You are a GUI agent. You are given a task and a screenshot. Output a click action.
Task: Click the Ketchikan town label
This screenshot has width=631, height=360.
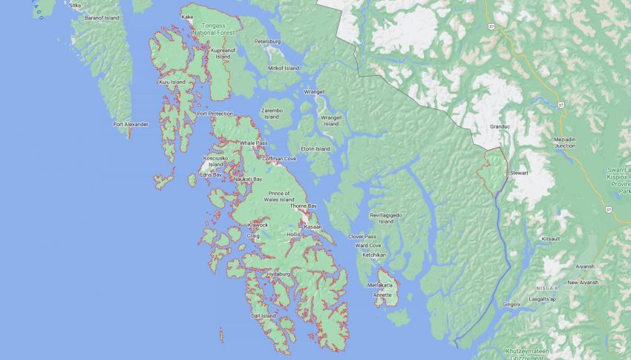click(x=375, y=255)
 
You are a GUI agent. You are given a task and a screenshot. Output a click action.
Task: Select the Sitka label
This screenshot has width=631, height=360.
click(x=75, y=5)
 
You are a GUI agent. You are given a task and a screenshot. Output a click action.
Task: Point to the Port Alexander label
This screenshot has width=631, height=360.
click(x=131, y=124)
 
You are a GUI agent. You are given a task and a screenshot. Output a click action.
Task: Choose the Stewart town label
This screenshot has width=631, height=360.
click(x=518, y=173)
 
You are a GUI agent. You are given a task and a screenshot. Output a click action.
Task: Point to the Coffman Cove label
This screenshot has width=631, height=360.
click(x=279, y=158)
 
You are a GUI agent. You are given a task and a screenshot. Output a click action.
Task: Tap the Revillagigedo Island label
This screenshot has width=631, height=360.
click(x=385, y=217)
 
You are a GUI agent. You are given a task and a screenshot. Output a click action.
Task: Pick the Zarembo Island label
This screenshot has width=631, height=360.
click(x=271, y=113)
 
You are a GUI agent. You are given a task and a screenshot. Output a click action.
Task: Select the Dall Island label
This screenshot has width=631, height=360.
click(x=263, y=315)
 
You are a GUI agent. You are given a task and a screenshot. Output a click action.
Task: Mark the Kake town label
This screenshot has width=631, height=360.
click(x=187, y=16)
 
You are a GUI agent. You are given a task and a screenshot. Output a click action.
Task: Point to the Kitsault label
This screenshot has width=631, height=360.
click(x=551, y=239)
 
